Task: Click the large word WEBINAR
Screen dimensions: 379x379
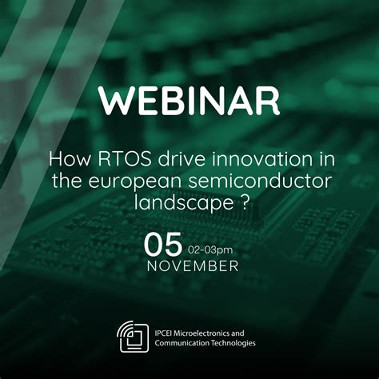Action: tap(189, 100)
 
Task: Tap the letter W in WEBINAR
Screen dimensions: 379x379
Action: tap(112, 100)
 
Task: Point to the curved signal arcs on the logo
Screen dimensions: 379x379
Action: tap(126, 329)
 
